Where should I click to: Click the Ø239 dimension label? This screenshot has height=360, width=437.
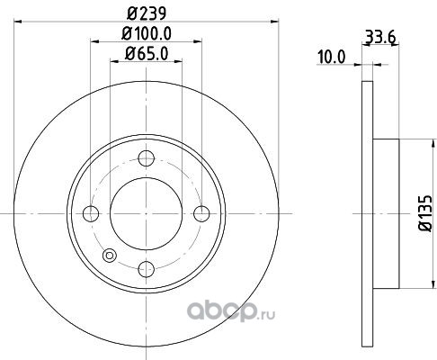click(147, 13)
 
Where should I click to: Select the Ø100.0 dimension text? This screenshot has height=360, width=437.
click(147, 33)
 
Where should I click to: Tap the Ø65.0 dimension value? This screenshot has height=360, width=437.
click(147, 54)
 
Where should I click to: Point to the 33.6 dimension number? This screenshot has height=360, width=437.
click(381, 37)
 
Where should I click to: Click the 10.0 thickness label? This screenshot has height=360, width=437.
click(332, 57)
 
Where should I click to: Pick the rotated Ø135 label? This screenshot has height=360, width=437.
click(425, 213)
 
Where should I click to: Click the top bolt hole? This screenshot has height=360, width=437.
click(147, 158)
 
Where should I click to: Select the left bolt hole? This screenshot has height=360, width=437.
click(91, 213)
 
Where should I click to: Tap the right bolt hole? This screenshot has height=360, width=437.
click(201, 213)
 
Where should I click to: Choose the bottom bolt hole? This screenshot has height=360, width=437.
click(147, 269)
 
